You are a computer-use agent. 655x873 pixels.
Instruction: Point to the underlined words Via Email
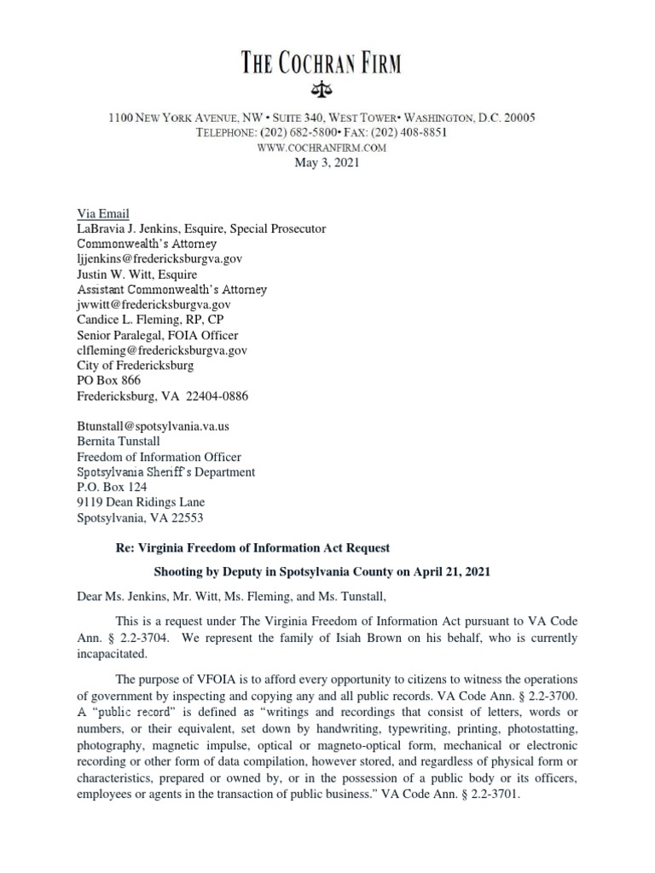[x=102, y=214]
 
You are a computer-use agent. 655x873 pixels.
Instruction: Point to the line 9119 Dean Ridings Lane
[x=141, y=503]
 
